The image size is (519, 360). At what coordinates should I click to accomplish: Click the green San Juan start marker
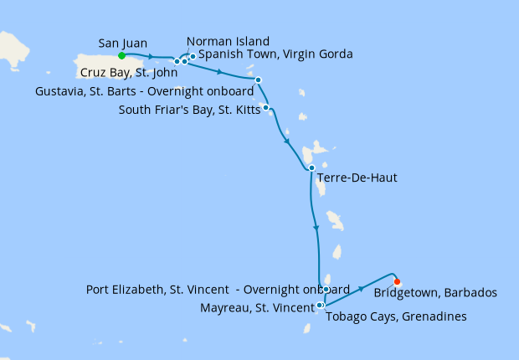[x=121, y=56]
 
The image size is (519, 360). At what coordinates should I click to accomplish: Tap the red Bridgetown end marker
[x=397, y=282]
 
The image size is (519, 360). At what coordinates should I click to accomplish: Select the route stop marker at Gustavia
[x=258, y=80]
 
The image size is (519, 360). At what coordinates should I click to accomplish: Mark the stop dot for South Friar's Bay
[x=265, y=107]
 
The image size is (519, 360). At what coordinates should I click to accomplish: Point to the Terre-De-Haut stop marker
[x=311, y=167]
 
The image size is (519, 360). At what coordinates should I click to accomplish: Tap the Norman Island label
[x=228, y=41]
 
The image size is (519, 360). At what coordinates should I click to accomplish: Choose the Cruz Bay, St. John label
[x=123, y=73]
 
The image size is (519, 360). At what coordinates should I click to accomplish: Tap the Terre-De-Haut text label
[x=357, y=178]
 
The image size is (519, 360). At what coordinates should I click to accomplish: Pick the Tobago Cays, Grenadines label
[x=395, y=316]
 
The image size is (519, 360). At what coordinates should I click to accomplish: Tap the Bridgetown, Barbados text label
[x=435, y=293]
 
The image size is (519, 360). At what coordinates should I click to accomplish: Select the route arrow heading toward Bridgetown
[x=361, y=288]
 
